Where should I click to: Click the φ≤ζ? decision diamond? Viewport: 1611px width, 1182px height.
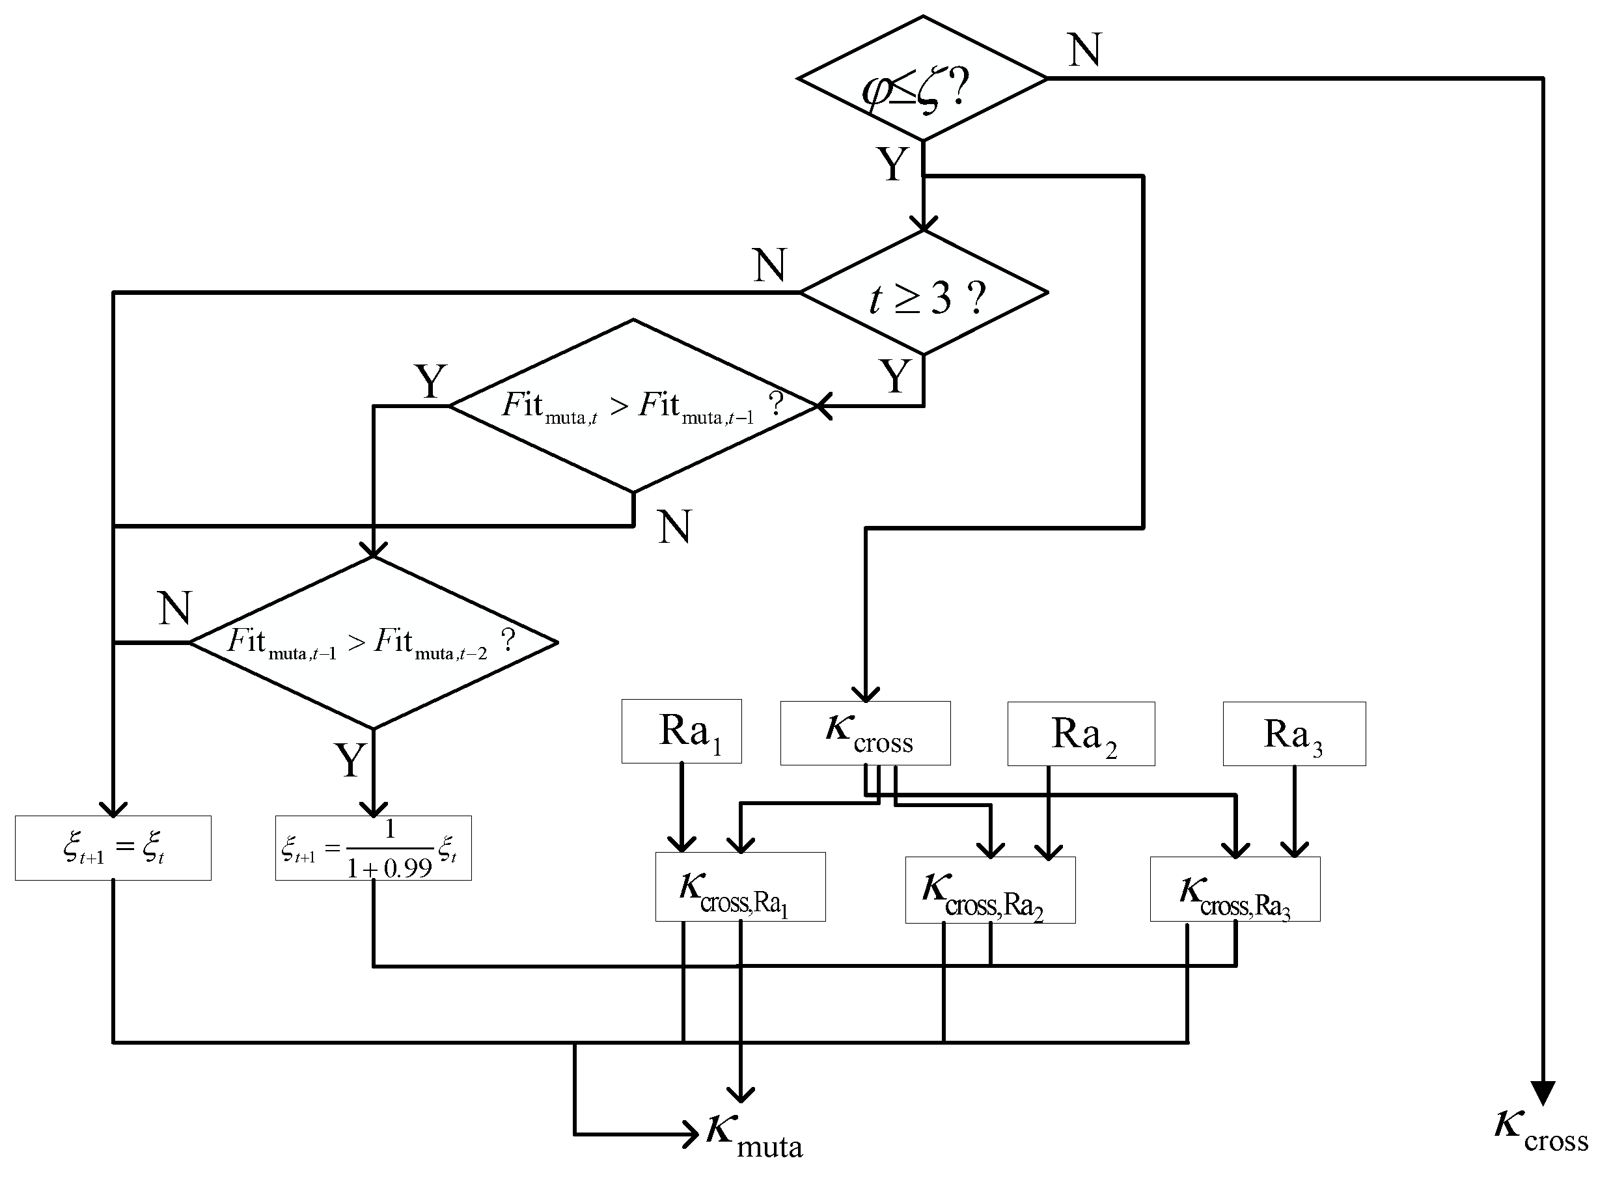click(922, 79)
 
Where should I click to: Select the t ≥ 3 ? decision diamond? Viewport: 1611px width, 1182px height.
click(923, 294)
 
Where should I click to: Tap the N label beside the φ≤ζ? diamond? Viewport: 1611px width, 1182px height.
click(1084, 50)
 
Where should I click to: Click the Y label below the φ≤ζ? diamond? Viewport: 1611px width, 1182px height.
click(892, 164)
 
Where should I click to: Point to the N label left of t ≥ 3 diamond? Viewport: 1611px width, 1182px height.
click(770, 266)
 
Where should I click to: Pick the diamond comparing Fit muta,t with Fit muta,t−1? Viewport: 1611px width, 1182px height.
click(633, 406)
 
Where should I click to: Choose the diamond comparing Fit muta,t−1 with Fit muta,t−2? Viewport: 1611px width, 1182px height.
click(373, 642)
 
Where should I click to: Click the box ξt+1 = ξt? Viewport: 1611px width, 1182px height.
click(113, 848)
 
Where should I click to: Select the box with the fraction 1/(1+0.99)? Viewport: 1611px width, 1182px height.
click(373, 848)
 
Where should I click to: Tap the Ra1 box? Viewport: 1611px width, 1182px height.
click(681, 731)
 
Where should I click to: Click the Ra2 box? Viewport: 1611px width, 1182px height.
click(1081, 734)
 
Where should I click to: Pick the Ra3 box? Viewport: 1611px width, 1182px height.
click(1293, 734)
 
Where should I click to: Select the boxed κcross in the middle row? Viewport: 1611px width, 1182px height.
click(865, 734)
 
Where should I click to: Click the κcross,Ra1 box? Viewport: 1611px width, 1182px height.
click(739, 887)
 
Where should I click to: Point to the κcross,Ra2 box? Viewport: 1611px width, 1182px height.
click(990, 890)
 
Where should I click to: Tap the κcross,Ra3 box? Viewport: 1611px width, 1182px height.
click(1235, 889)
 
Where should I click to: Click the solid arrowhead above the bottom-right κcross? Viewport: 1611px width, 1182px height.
click(1543, 1093)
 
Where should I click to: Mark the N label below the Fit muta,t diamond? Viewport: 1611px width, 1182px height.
click(674, 527)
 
